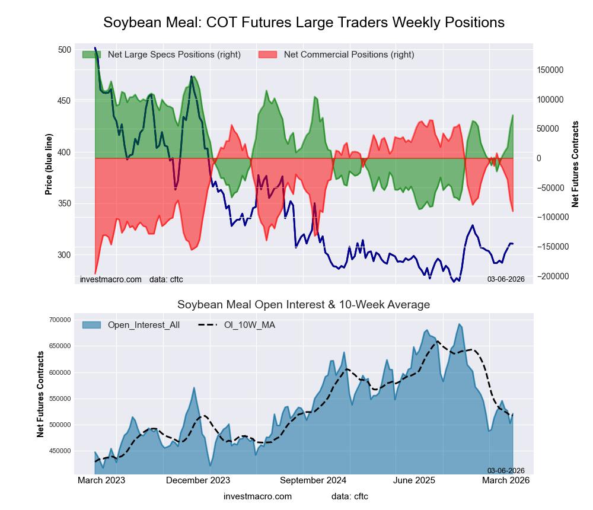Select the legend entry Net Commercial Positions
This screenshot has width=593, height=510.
click(x=349, y=55)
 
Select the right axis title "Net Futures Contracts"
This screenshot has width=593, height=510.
click(x=575, y=164)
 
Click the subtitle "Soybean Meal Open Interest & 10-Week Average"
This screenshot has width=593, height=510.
click(x=304, y=305)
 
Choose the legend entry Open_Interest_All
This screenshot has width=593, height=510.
click(x=144, y=325)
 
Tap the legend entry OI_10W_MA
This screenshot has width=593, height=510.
click(x=249, y=325)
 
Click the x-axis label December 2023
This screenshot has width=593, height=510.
click(x=198, y=480)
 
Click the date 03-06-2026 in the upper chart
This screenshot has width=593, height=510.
click(x=506, y=279)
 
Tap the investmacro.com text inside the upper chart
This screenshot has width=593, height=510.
click(x=111, y=279)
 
